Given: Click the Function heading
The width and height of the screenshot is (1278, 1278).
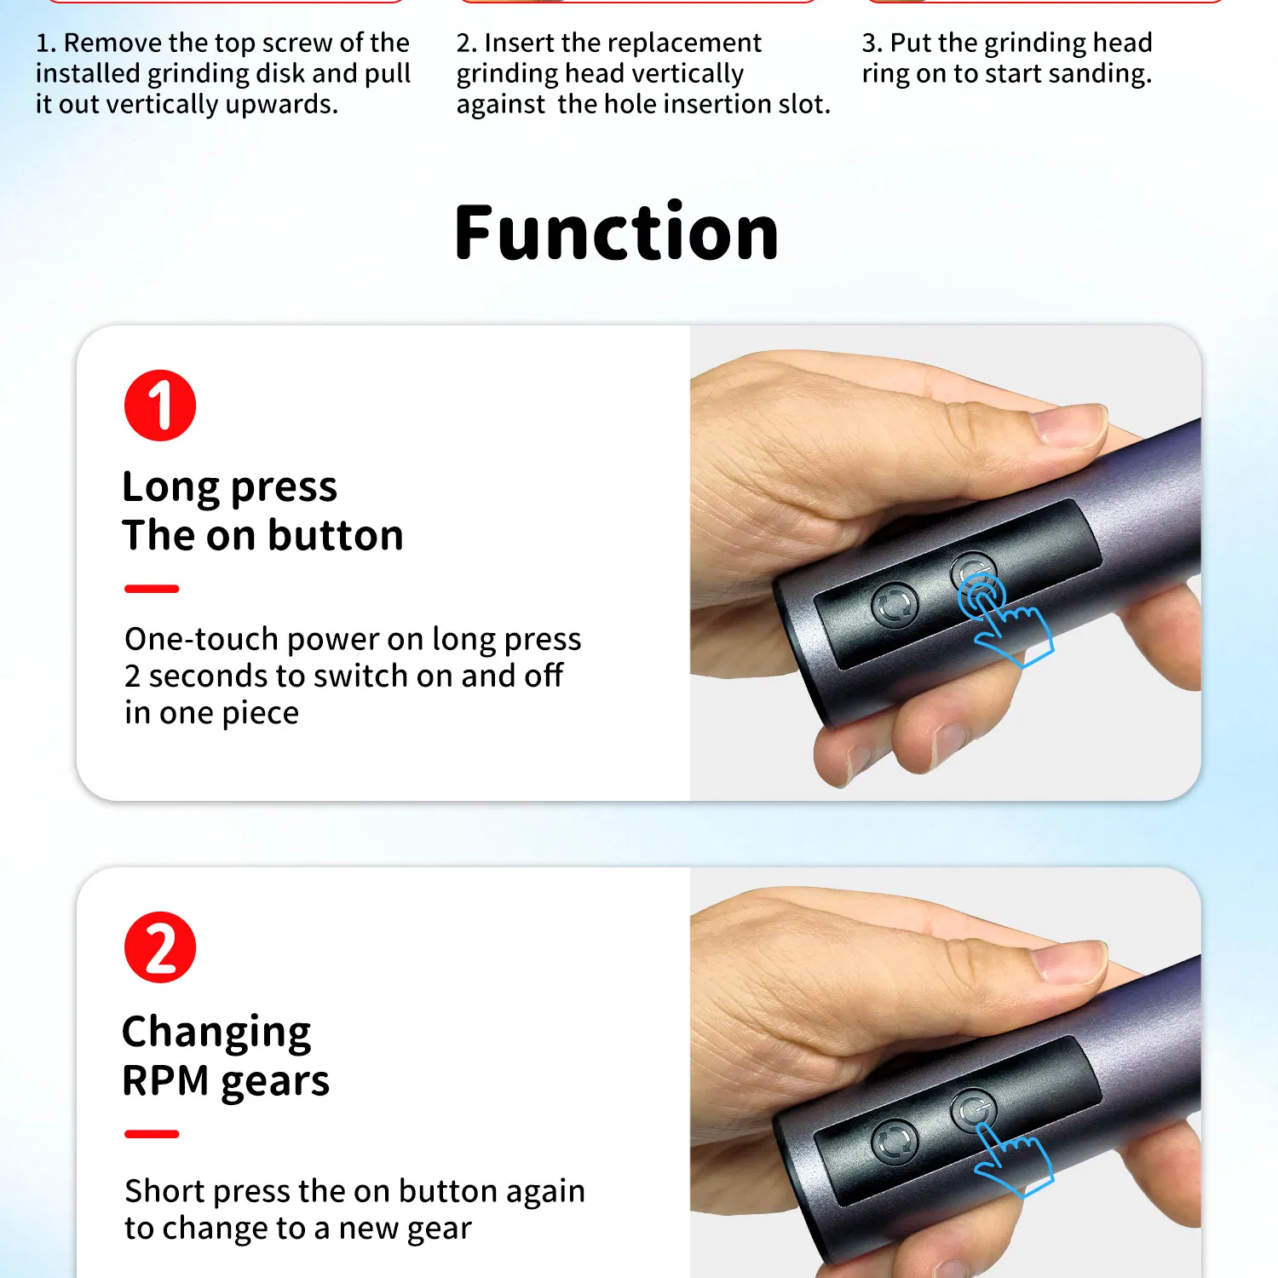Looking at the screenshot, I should pyautogui.click(x=617, y=233).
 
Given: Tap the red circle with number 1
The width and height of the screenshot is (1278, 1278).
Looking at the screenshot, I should pyautogui.click(x=160, y=406).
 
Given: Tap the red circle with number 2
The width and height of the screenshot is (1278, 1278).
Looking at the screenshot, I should pyautogui.click(x=160, y=947).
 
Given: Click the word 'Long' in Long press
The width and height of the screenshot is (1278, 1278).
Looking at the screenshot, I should pyautogui.click(x=171, y=487).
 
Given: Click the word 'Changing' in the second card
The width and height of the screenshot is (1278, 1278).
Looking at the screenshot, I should pyautogui.click(x=216, y=1033).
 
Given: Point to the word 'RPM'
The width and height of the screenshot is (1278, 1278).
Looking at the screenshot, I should pyautogui.click(x=165, y=1080).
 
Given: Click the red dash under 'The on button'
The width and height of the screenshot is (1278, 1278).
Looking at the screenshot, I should pyautogui.click(x=152, y=589).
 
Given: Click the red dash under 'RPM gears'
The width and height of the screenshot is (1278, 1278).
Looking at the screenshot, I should pyautogui.click(x=152, y=1134).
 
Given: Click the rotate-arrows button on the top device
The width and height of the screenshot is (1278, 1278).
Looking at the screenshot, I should pyautogui.click(x=895, y=604).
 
